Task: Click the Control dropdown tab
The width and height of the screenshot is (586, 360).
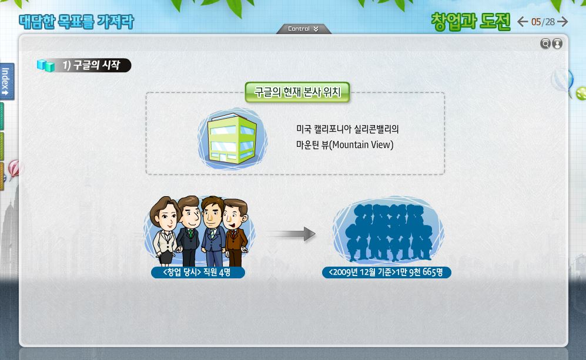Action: click(303, 29)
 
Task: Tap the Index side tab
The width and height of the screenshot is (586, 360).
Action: click(6, 82)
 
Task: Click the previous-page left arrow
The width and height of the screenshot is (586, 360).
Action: click(523, 22)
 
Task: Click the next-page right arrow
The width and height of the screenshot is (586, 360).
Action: click(562, 22)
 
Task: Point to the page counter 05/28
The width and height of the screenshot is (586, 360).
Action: click(543, 22)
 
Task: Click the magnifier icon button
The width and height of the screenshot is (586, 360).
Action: click(545, 43)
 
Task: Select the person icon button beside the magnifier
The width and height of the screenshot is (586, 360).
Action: click(557, 43)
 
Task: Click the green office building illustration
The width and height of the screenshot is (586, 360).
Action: click(232, 139)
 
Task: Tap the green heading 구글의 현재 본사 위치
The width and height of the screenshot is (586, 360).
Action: click(297, 92)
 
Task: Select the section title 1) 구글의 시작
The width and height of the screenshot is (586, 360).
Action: click(91, 65)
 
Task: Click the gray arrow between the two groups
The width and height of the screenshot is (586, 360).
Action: click(291, 234)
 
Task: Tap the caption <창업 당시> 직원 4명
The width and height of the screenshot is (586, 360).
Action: click(197, 272)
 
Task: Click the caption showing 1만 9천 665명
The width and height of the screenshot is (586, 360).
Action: click(386, 272)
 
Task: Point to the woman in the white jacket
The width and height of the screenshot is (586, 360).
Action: click(165, 231)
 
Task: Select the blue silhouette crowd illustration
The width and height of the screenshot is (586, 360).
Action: click(389, 233)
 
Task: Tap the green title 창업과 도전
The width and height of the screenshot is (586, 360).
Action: click(471, 22)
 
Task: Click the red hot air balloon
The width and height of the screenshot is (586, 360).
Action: click(15, 169)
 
